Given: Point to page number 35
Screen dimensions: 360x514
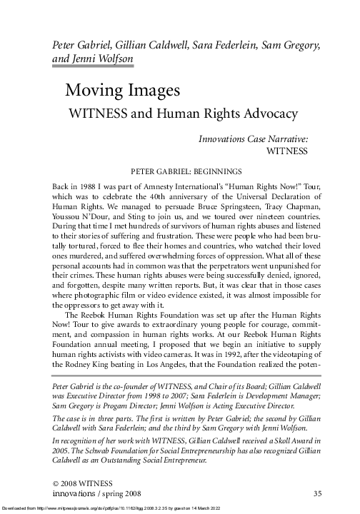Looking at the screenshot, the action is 318,493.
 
